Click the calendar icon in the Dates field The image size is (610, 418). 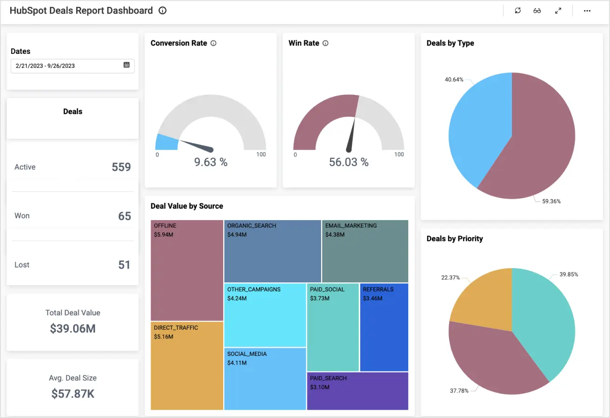(x=126, y=65)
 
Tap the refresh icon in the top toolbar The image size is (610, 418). (x=517, y=11)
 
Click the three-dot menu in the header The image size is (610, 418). (x=587, y=11)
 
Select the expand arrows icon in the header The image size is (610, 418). (x=558, y=11)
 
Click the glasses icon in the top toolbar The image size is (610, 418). (x=537, y=11)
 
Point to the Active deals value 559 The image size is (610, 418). (x=121, y=167)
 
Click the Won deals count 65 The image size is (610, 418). (x=124, y=216)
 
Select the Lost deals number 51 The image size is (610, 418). (x=124, y=265)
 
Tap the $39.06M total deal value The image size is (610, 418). (x=73, y=329)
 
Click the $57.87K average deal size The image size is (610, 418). (x=73, y=394)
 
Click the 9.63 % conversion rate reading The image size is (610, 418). (x=211, y=162)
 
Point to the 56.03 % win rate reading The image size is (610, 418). (x=349, y=162)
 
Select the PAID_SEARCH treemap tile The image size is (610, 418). (x=358, y=391)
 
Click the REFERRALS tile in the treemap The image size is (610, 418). (x=384, y=327)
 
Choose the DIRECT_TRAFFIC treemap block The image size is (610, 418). (x=187, y=366)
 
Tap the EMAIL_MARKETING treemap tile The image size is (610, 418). (x=365, y=251)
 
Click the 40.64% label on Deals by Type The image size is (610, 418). (x=454, y=79)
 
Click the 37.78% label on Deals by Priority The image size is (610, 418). (x=459, y=391)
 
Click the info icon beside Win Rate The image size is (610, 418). (x=325, y=43)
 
